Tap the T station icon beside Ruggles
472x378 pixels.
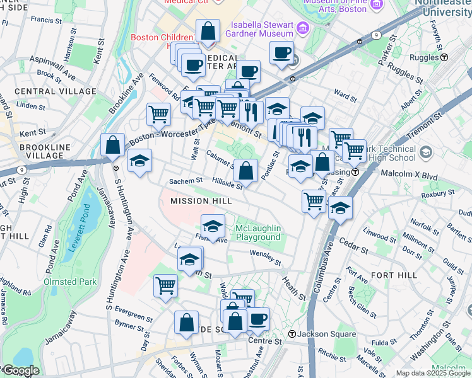click(x=444, y=57)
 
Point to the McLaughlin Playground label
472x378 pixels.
click(x=258, y=232)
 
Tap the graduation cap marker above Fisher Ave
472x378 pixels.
click(x=213, y=225)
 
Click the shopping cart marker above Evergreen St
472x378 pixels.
click(x=165, y=285)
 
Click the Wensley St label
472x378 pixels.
click(x=266, y=257)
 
